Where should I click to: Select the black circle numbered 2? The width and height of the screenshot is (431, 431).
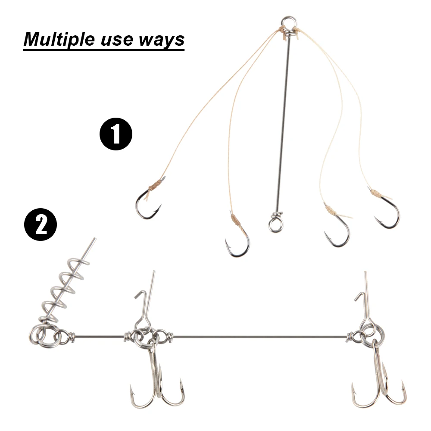pos(41,225)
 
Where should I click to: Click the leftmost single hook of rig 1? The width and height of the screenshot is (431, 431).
pos(147,205)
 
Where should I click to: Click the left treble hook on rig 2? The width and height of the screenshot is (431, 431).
pos(158,384)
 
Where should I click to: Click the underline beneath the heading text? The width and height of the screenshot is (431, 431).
pos(103,50)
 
